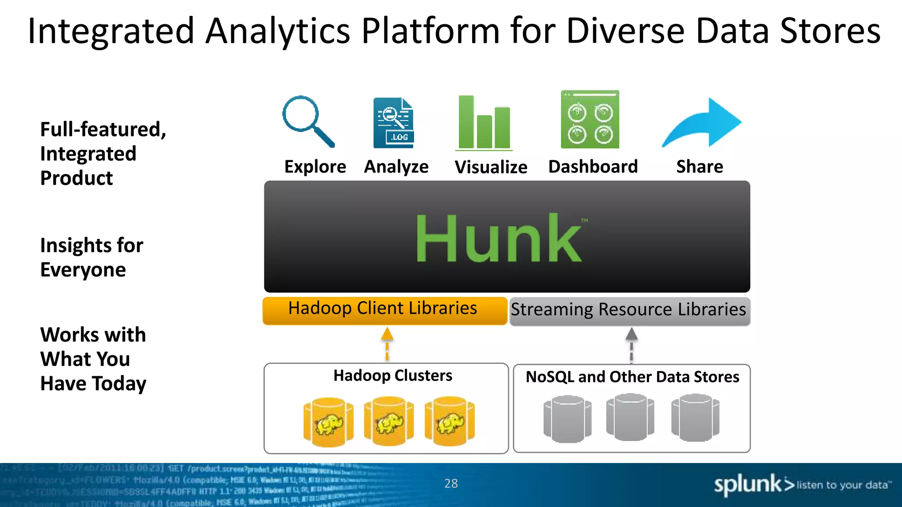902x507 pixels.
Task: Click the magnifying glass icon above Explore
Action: [x=308, y=121]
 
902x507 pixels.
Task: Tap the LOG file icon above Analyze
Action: [x=393, y=123]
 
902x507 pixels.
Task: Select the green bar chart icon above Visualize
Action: [x=484, y=123]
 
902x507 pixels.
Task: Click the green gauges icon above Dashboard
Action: [x=590, y=120]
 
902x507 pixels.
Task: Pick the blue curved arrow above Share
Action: [x=702, y=123]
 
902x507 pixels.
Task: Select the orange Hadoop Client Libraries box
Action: [x=384, y=311]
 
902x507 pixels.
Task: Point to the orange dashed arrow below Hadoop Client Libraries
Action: [x=387, y=344]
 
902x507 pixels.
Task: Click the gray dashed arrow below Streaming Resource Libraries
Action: [x=632, y=345]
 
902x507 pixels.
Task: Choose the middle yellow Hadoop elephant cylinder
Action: [x=389, y=421]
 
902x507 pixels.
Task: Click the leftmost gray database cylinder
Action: [x=567, y=419]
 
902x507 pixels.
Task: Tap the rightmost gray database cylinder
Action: [x=695, y=418]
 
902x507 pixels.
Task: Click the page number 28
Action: [x=451, y=484]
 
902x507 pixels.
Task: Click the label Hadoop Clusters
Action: [x=392, y=376]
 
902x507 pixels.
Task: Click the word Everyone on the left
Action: [x=83, y=270]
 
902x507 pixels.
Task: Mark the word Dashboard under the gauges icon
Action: [x=593, y=167]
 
